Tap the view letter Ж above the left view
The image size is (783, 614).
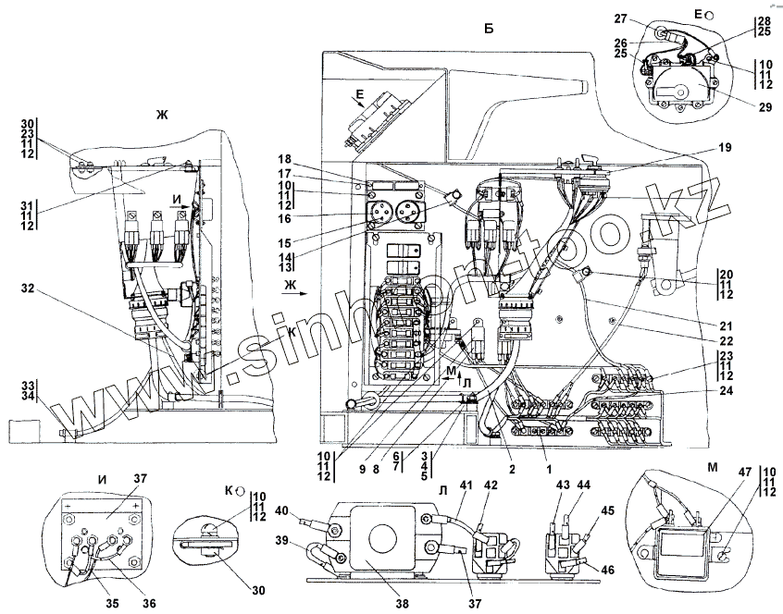163,114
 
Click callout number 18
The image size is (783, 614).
257,159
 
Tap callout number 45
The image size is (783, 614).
606,510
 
